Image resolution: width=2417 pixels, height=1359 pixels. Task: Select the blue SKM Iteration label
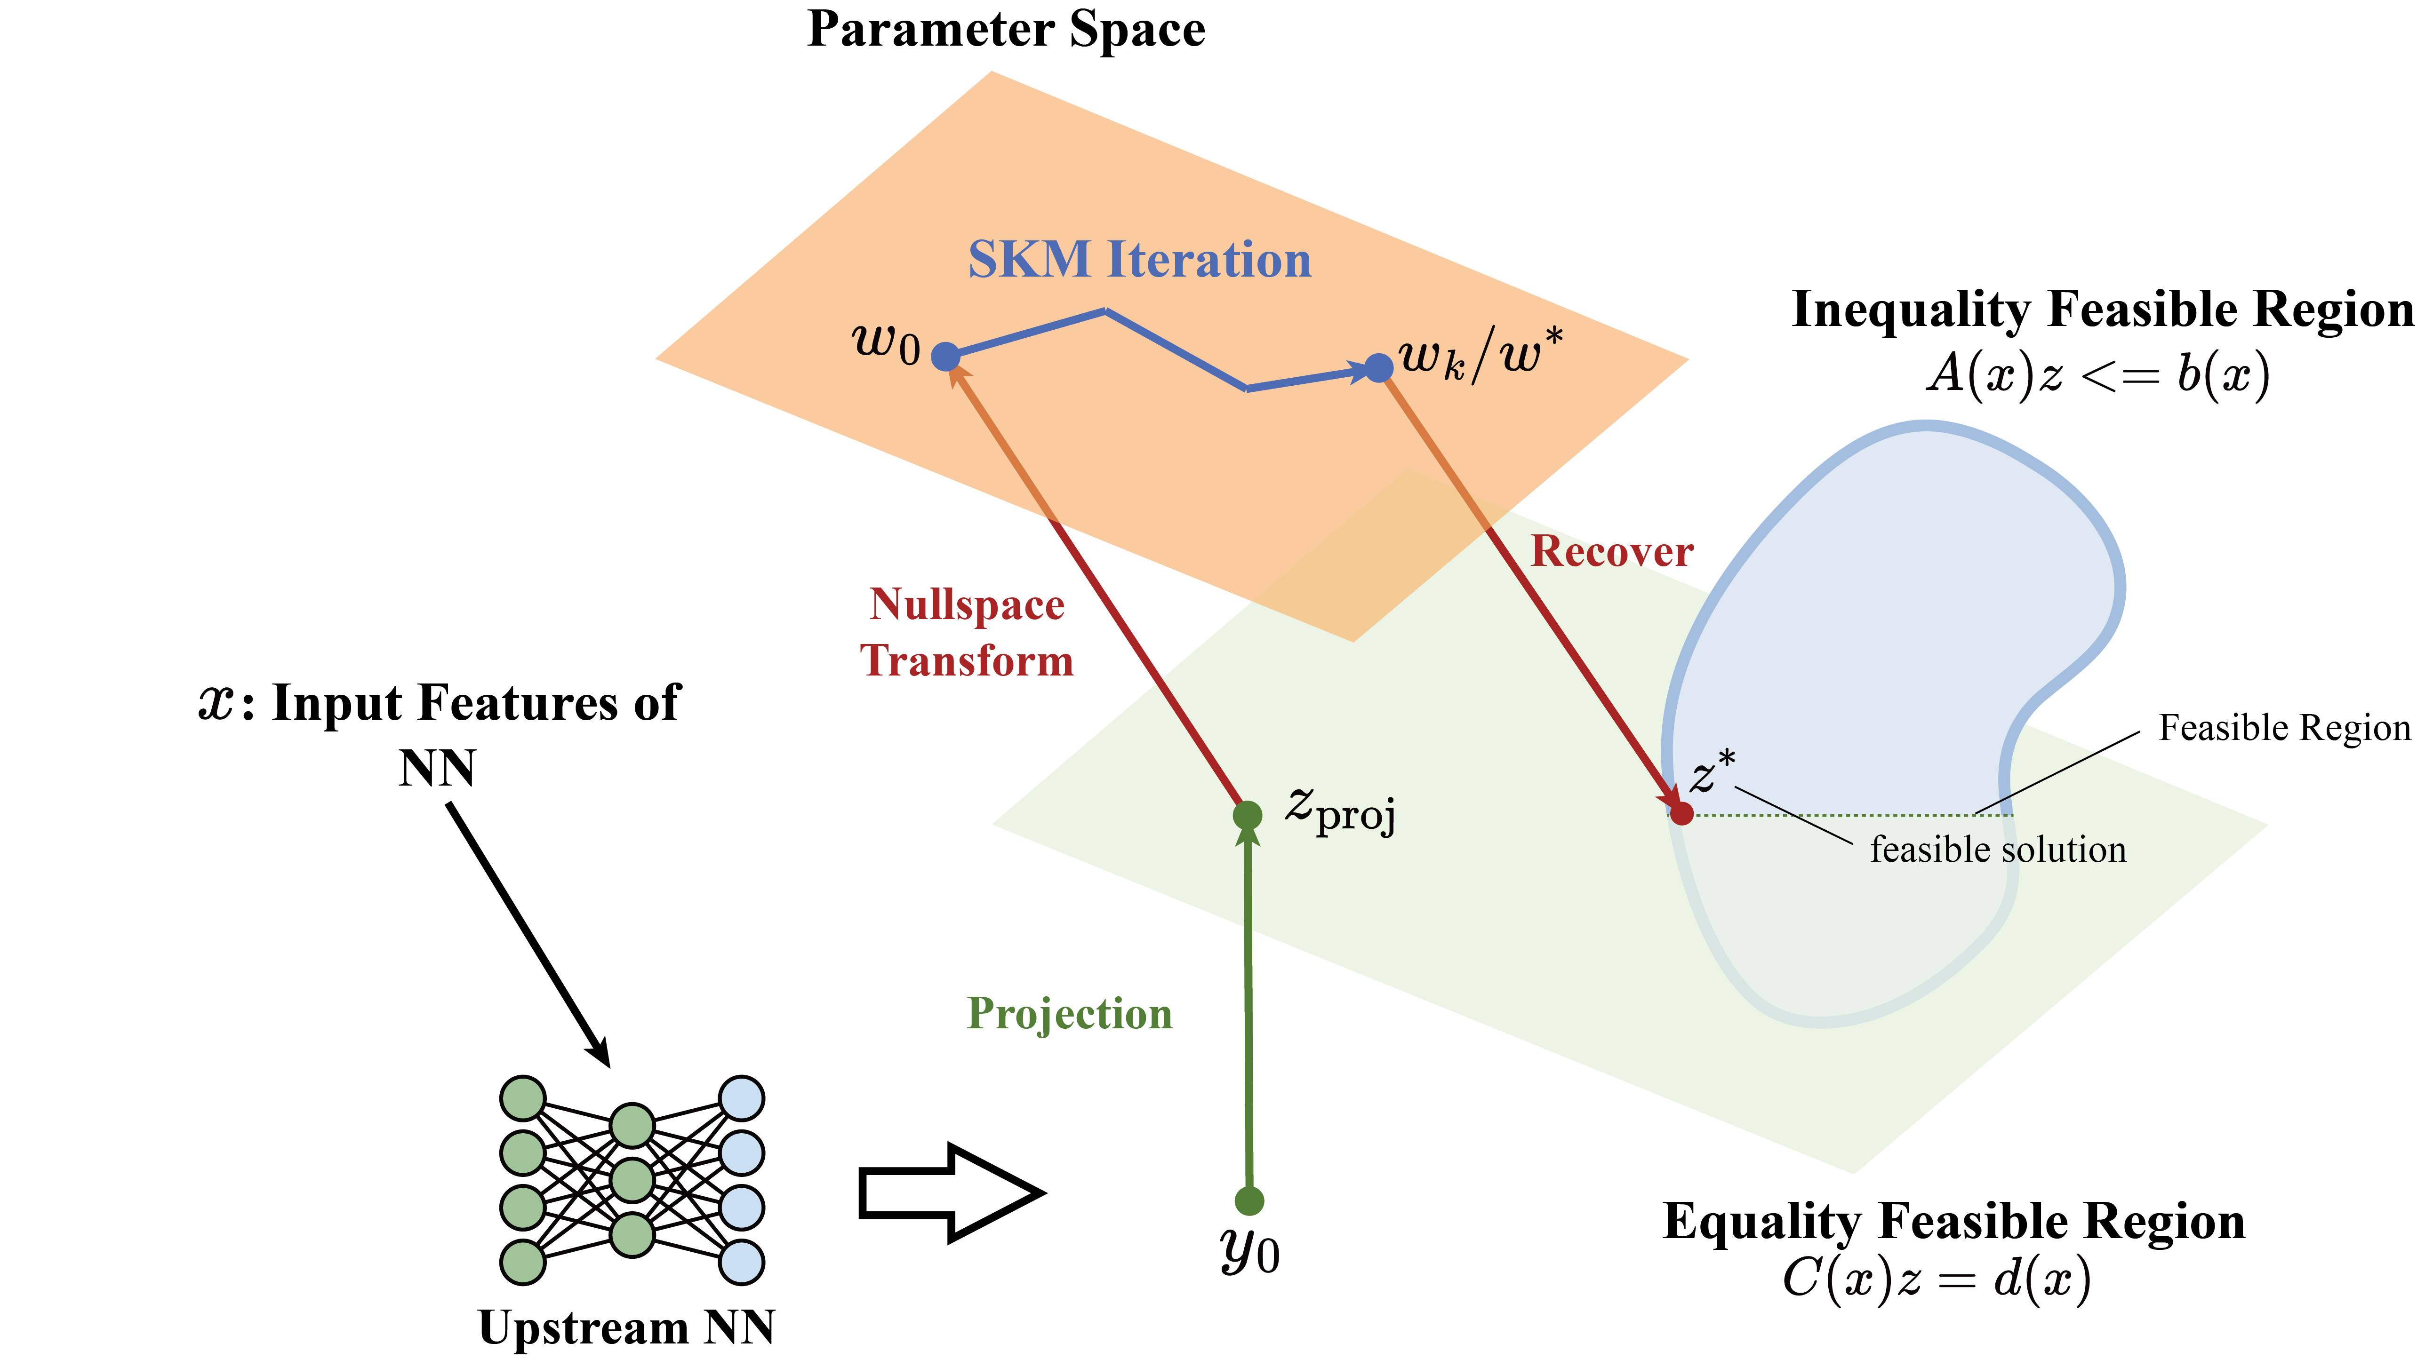[x=1139, y=260]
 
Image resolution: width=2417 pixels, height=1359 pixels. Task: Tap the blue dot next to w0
[x=946, y=357]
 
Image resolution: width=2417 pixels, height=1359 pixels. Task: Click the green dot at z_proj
[x=1247, y=815]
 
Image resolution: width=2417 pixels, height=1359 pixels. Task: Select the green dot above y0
[x=1249, y=1200]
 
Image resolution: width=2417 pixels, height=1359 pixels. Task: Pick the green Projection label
[x=1070, y=1014]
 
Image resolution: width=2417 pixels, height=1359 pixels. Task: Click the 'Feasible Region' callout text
[x=2284, y=728]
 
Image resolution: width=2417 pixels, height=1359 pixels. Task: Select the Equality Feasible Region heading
[x=1953, y=1221]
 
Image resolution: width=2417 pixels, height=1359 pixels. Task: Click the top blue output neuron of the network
[x=741, y=1098]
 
